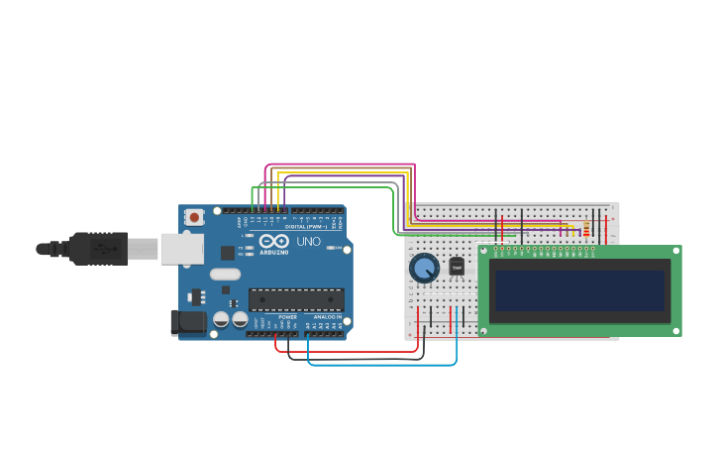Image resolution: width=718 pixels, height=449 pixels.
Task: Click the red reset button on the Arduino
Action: pyautogui.click(x=195, y=217)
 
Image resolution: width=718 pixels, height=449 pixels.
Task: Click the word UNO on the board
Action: pyautogui.click(x=309, y=242)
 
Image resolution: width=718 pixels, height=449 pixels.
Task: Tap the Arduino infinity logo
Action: pyautogui.click(x=273, y=241)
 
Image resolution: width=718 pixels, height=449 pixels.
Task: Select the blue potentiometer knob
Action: pyautogui.click(x=424, y=268)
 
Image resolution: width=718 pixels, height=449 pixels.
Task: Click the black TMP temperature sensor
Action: pyautogui.click(x=457, y=268)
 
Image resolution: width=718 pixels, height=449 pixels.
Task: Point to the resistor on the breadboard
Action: pyautogui.click(x=586, y=231)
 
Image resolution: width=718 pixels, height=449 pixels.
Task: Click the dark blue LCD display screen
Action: pyautogui.click(x=579, y=290)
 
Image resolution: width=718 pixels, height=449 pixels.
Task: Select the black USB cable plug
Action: pyautogui.click(x=99, y=249)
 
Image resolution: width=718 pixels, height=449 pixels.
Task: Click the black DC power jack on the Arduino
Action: pyautogui.click(x=187, y=322)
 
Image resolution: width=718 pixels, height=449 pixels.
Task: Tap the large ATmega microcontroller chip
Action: pyautogui.click(x=296, y=299)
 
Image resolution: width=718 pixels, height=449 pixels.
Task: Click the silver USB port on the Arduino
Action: pyautogui.click(x=182, y=249)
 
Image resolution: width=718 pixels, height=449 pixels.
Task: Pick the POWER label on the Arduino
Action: pyautogui.click(x=287, y=317)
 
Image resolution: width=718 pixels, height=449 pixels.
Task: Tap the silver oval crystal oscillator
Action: pyautogui.click(x=225, y=275)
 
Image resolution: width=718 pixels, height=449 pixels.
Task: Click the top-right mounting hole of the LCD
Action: pyautogui.click(x=675, y=252)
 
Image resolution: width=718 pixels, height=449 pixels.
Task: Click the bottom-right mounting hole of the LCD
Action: pyautogui.click(x=675, y=330)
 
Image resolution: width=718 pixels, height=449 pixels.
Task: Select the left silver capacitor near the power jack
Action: pyautogui.click(x=221, y=319)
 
